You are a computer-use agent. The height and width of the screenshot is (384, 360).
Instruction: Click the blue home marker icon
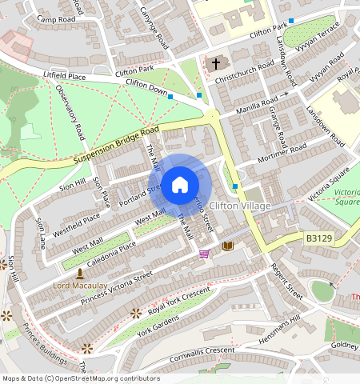coord(180,186)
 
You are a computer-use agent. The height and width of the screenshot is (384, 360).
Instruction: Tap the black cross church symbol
coord(214,63)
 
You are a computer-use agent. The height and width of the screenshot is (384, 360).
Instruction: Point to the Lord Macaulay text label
coord(80,285)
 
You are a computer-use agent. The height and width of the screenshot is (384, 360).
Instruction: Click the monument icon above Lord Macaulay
coord(80,274)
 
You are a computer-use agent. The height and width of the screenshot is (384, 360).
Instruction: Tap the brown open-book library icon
coord(228,246)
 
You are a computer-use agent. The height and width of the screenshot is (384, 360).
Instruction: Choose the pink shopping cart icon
coord(205,254)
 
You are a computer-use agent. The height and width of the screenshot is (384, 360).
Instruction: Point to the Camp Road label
coord(55,18)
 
